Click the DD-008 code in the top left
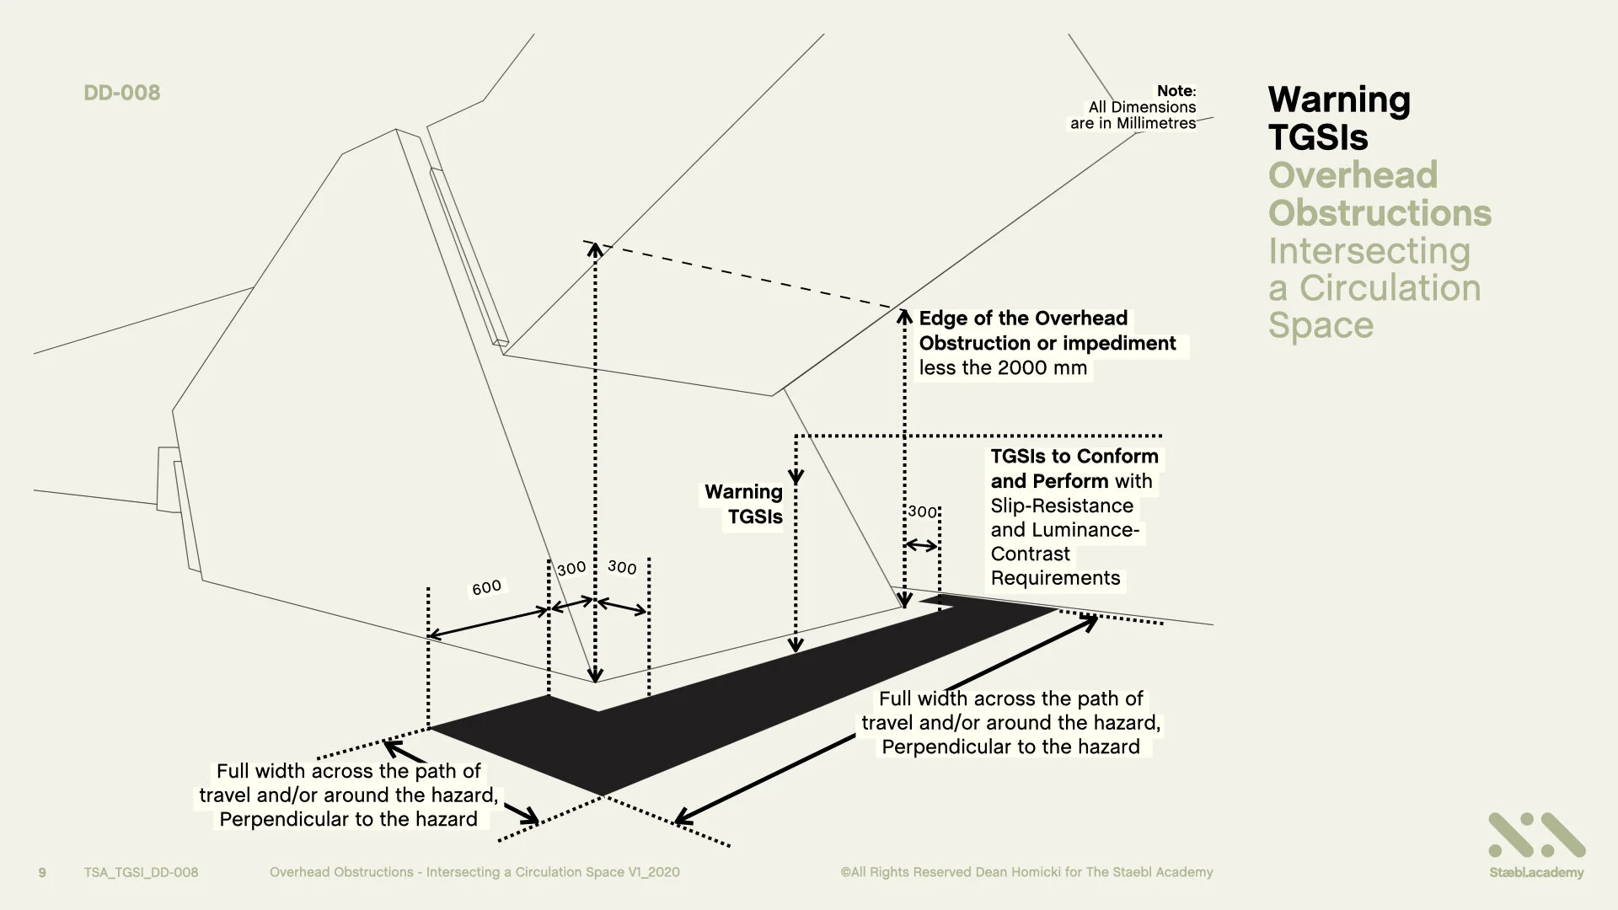[x=122, y=93]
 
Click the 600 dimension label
[x=486, y=587]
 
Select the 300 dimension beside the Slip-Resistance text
[x=922, y=511]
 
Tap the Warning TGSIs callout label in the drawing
[x=744, y=504]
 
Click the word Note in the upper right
[x=1175, y=91]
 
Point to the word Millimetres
[x=1156, y=123]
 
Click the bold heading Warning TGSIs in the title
[x=1338, y=118]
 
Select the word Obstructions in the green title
[x=1380, y=213]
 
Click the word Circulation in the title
[x=1390, y=288]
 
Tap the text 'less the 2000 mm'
[x=1003, y=368]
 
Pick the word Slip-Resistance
[x=1062, y=506]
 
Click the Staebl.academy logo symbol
[x=1536, y=836]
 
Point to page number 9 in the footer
[x=43, y=872]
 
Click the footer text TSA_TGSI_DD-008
[x=141, y=872]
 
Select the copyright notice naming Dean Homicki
[x=1026, y=872]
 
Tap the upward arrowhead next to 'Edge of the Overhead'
[x=905, y=317]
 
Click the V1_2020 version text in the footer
[x=653, y=872]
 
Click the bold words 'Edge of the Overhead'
[x=1023, y=318]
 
